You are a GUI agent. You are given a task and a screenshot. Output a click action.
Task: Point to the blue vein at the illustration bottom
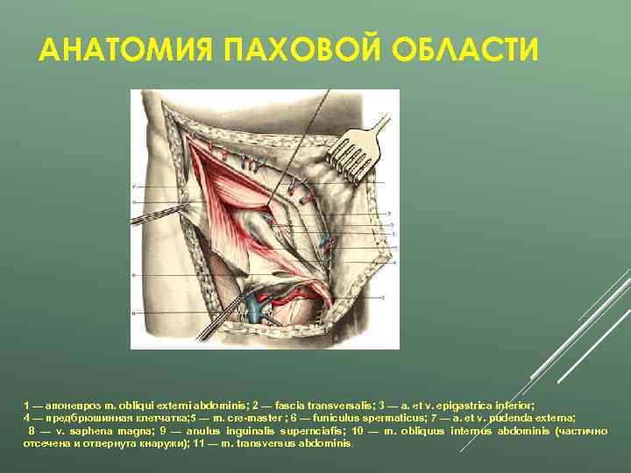point(255,306)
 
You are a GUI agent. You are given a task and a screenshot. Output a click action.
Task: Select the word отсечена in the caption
point(45,443)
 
